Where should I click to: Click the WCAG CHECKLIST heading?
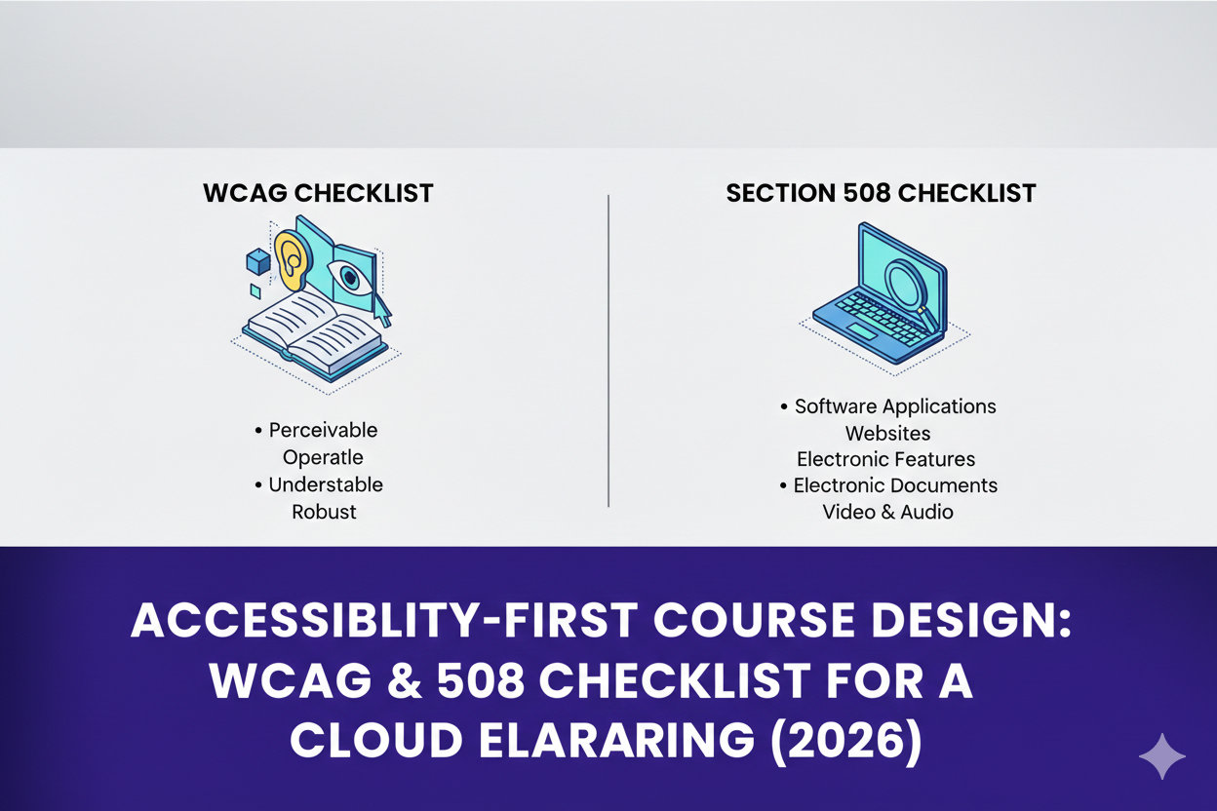[x=318, y=193]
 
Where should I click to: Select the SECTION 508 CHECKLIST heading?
[x=881, y=193]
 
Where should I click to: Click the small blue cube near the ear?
[x=257, y=261]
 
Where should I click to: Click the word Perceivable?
[x=323, y=430]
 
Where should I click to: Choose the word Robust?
[x=324, y=512]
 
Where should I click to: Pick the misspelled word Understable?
[x=326, y=484]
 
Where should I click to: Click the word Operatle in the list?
[x=323, y=457]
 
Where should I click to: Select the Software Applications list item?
[x=894, y=406]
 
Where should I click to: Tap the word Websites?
[x=887, y=434]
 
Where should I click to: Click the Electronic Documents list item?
[x=894, y=484]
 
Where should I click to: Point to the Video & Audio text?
[x=887, y=512]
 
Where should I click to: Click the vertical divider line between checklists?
[x=608, y=351]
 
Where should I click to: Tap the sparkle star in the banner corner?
[x=1161, y=757]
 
